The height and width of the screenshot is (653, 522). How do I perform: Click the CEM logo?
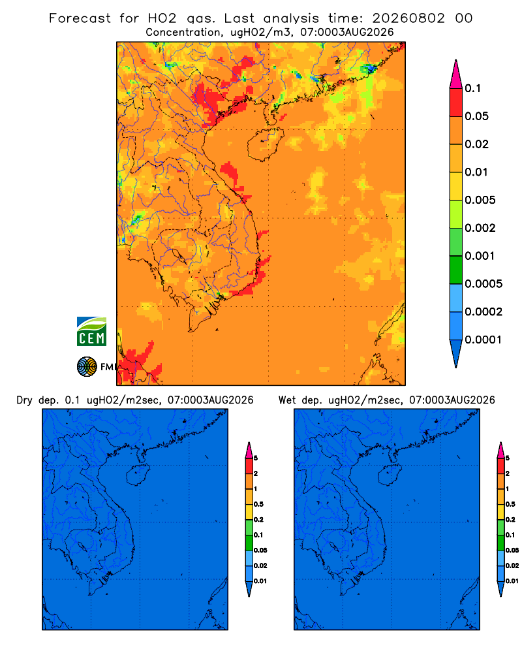click(x=91, y=332)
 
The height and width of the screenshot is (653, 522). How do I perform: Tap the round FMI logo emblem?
click(x=87, y=366)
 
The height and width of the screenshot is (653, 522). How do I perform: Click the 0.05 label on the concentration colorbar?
click(x=476, y=116)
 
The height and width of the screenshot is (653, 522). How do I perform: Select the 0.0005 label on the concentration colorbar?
click(x=484, y=283)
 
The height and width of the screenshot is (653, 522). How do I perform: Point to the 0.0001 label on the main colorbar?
click(x=483, y=340)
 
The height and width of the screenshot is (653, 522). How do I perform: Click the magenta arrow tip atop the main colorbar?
click(x=456, y=74)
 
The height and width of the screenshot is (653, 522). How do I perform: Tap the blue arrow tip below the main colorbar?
click(x=456, y=353)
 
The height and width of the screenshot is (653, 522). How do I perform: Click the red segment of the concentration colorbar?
click(x=456, y=103)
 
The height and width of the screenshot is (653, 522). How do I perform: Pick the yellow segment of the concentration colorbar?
click(x=456, y=186)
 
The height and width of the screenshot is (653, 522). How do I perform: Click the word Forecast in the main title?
click(x=80, y=18)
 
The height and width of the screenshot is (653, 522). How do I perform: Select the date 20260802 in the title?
click(x=408, y=18)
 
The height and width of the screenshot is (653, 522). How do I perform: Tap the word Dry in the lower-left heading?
click(x=24, y=400)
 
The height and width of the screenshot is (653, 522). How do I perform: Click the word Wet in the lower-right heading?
click(x=287, y=400)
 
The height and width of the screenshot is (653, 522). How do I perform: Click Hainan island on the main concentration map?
click(x=265, y=144)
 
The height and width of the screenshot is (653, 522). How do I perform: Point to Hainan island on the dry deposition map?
click(x=137, y=475)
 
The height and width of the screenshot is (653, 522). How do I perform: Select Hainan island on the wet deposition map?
click(x=390, y=474)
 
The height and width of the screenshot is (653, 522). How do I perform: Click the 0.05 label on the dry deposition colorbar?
click(x=260, y=550)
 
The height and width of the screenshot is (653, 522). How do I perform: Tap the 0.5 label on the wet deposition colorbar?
click(x=510, y=504)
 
